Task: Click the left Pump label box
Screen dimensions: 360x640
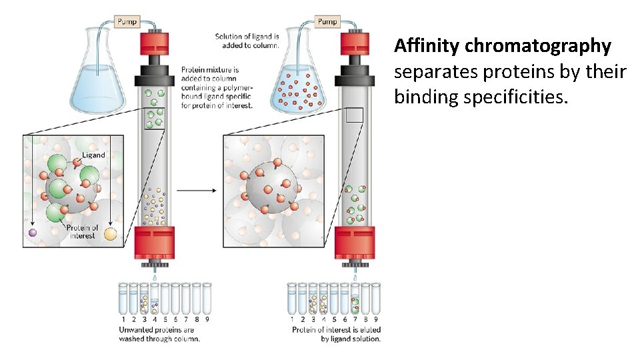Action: pos(127,21)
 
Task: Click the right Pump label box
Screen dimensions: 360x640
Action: pos(327,21)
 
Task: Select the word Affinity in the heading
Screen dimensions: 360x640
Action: pos(427,46)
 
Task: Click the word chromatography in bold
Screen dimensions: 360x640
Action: pos(537,46)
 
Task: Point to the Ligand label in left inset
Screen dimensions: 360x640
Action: pos(93,155)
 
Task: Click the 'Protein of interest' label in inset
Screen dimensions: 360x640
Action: pos(82,231)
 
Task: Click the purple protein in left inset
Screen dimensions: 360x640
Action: pos(32,232)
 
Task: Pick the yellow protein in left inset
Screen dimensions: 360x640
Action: pos(109,234)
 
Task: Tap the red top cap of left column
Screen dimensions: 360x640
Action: pos(155,45)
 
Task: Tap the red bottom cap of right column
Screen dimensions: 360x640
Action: pos(355,242)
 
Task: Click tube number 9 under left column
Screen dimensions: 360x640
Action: pos(207,299)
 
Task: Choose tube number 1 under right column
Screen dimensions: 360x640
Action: pos(291,299)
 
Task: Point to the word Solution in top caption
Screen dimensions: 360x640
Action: pos(229,36)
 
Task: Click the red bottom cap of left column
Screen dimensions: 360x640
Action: pos(155,242)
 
